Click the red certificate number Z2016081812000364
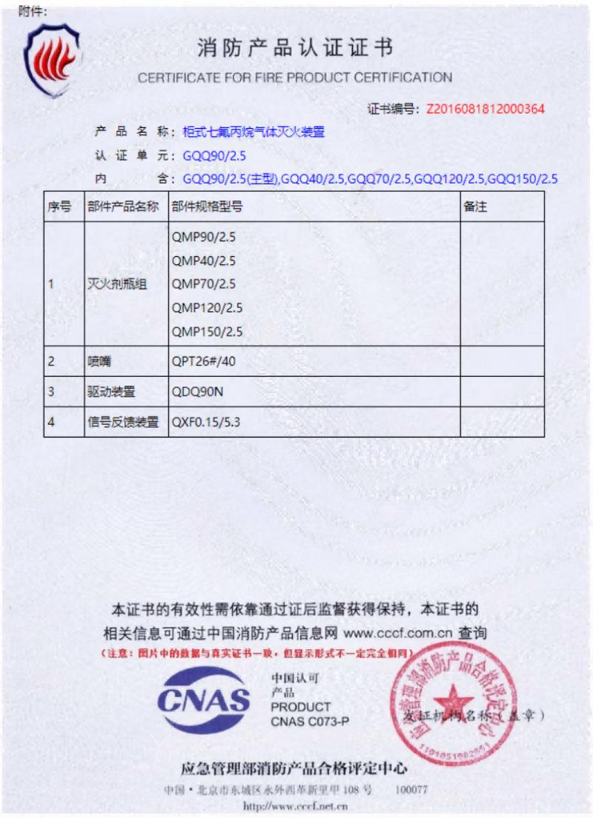coord(486,109)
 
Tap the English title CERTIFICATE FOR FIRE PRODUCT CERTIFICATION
coord(294,78)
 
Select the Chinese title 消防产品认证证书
coord(294,49)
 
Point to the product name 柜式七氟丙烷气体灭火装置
coord(254,133)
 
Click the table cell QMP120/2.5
coord(207,307)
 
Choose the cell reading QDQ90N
coord(197,392)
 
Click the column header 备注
coord(475,207)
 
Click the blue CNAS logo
coord(204,700)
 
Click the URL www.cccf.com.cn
coord(397,634)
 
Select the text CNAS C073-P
coord(309,721)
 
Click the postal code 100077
coord(411,789)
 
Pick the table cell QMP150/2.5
coord(207,331)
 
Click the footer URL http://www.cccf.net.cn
coord(296,806)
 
